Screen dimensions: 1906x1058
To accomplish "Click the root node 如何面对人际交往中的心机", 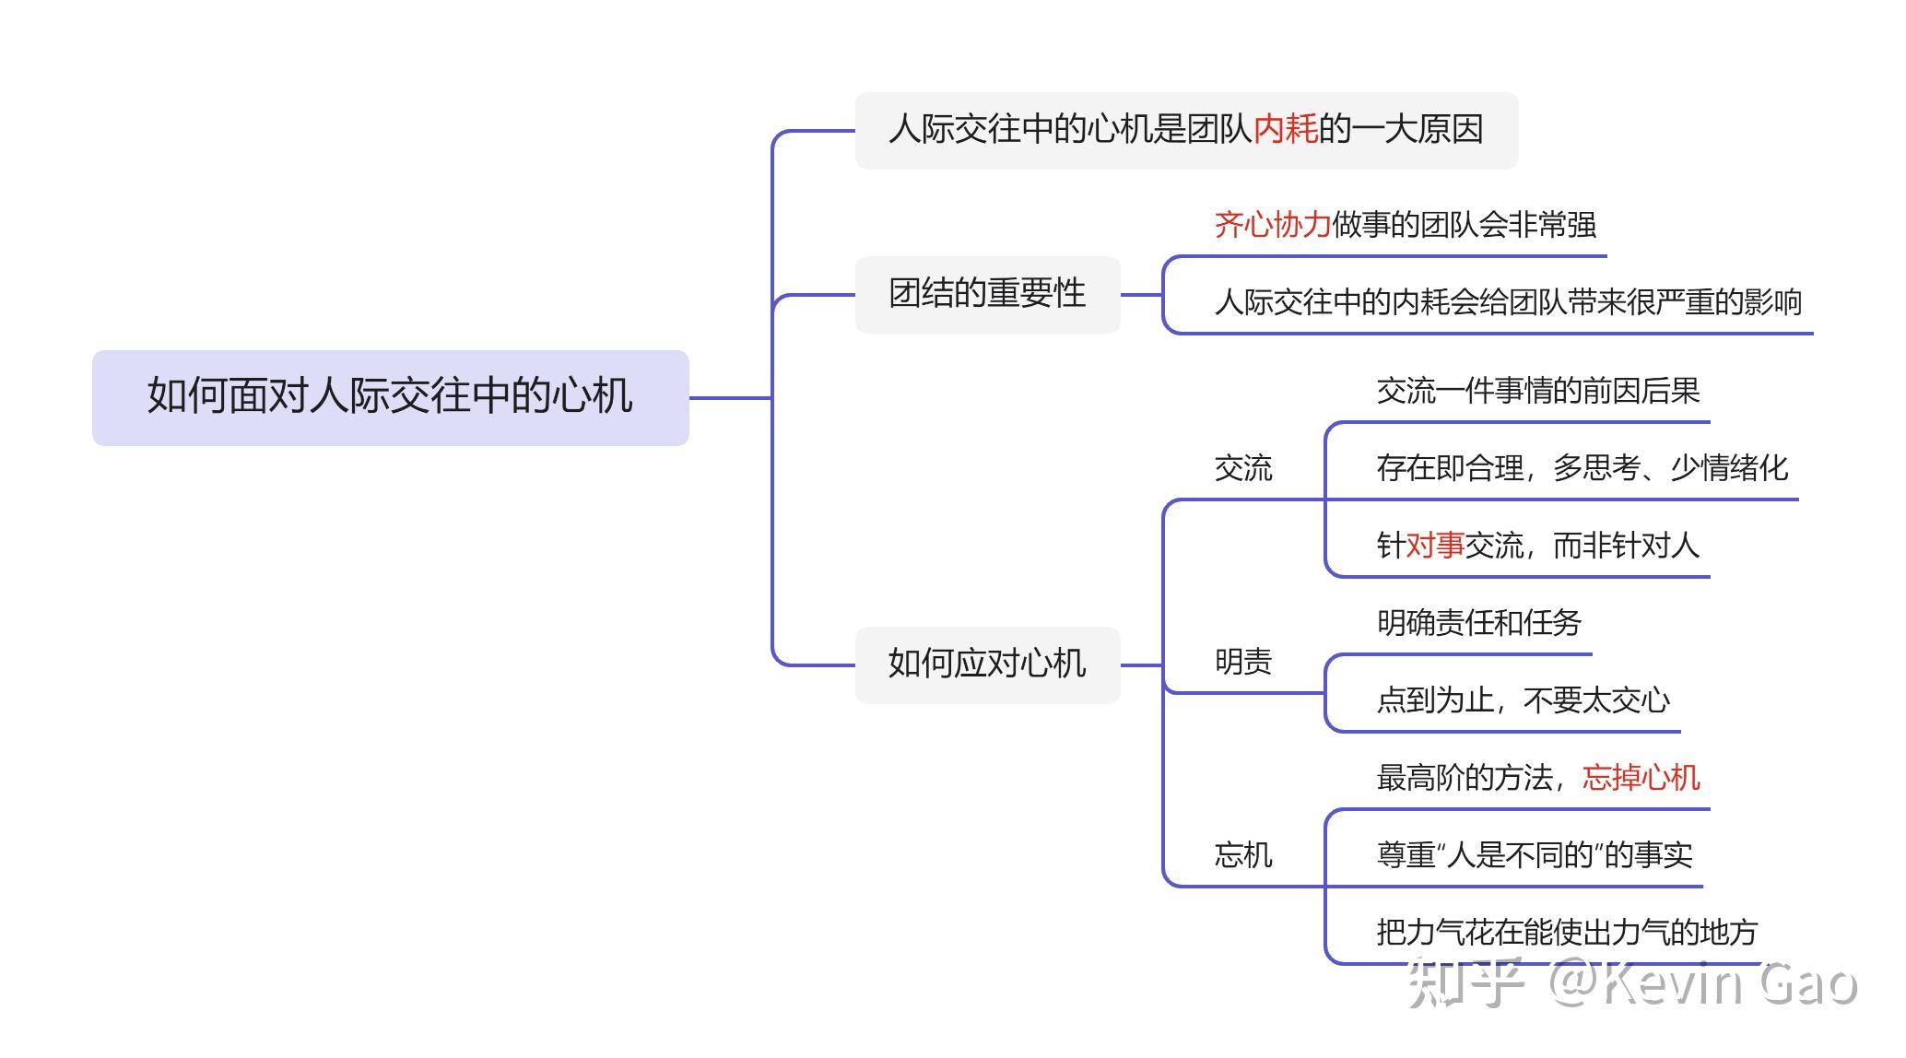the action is pos(390,397).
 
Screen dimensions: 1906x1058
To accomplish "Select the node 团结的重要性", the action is pos(987,294).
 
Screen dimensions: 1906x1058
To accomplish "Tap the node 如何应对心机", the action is pos(987,664).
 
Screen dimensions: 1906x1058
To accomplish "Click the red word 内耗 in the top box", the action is pos(1286,129).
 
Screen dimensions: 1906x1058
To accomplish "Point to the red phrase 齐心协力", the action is pos(1272,224).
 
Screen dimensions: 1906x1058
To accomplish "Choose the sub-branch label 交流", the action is pos(1243,468).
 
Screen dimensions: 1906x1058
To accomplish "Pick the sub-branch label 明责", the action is pos(1243,662).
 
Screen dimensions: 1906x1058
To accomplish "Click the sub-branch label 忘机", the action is pos(1243,855).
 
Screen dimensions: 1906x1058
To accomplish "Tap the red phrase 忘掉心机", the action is pos(1641,778).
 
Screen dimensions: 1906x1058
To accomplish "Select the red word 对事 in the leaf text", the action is pos(1435,546).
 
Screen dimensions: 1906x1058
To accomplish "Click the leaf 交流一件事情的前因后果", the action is pos(1538,391).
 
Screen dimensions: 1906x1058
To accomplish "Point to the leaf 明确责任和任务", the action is pos(1479,623).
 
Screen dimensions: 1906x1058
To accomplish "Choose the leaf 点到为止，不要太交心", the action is pos(1524,700).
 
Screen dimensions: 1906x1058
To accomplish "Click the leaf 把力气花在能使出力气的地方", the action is pos(1568,933).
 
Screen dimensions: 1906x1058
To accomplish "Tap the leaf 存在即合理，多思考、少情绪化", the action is pos(1582,468).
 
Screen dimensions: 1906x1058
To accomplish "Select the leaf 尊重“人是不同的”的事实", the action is pos(1535,855).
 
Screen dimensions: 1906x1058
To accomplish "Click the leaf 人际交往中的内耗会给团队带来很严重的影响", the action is pos(1508,301).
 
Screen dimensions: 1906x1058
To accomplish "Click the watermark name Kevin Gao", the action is pos(1730,983).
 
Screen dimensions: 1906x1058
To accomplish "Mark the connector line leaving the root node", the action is pos(731,398).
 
